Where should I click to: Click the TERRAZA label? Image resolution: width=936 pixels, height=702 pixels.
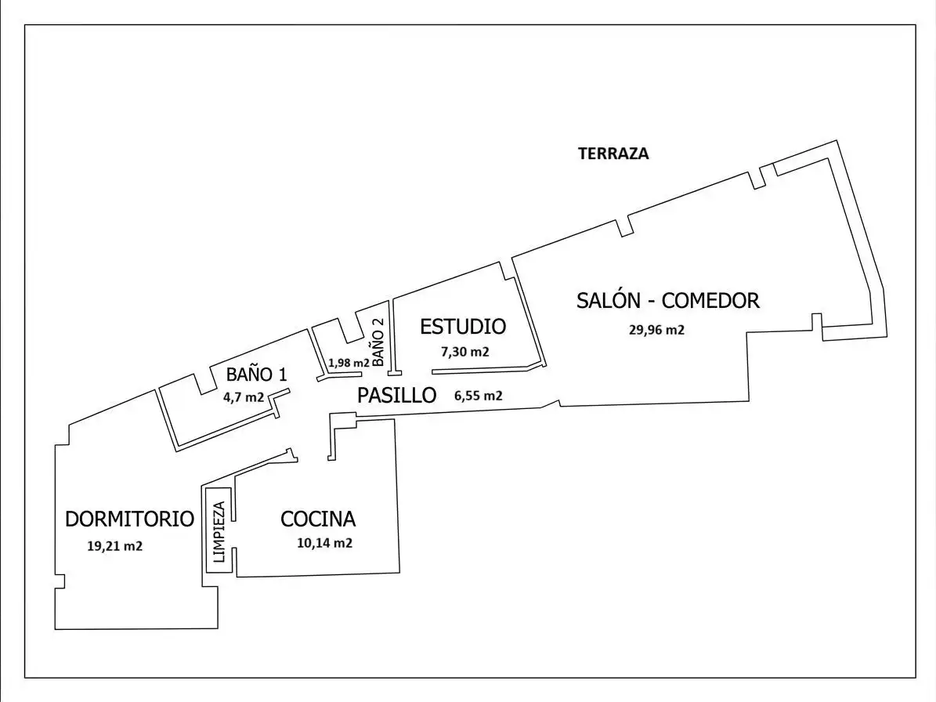(x=613, y=154)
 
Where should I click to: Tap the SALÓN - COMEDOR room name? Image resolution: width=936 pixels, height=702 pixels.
(x=668, y=300)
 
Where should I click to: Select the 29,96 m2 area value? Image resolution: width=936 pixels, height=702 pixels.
(x=656, y=330)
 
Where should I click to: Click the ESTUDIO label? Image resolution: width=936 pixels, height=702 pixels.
(x=463, y=327)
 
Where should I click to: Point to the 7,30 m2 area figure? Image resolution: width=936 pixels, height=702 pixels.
(x=465, y=352)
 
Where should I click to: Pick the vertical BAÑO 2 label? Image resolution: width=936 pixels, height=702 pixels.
(x=378, y=342)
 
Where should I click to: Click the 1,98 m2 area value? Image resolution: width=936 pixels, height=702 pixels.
(x=349, y=362)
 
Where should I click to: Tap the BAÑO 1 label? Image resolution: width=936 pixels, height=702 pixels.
(x=257, y=375)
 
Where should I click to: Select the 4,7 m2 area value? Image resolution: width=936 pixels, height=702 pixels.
(x=244, y=397)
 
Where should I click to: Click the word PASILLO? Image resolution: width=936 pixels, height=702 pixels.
(x=397, y=395)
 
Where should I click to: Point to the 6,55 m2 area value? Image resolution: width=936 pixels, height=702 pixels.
(x=478, y=395)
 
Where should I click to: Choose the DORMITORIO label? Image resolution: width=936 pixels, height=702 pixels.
(x=129, y=519)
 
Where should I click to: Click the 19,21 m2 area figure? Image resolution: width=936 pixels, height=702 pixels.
(x=114, y=545)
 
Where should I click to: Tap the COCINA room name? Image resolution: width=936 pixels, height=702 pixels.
(x=318, y=519)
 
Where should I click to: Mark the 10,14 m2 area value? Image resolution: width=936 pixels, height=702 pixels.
(x=325, y=543)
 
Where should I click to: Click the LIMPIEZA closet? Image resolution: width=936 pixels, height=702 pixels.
(x=219, y=531)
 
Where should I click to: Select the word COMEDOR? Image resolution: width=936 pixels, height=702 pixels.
(x=710, y=300)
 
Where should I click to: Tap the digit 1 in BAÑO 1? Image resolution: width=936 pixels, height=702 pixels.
(x=283, y=375)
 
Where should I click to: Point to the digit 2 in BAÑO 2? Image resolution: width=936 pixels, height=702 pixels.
(x=378, y=321)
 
